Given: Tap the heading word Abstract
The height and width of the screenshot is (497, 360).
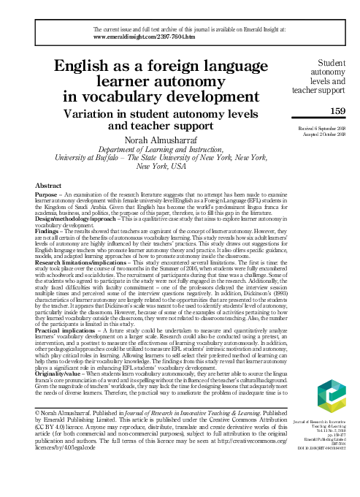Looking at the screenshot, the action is (48, 187).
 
